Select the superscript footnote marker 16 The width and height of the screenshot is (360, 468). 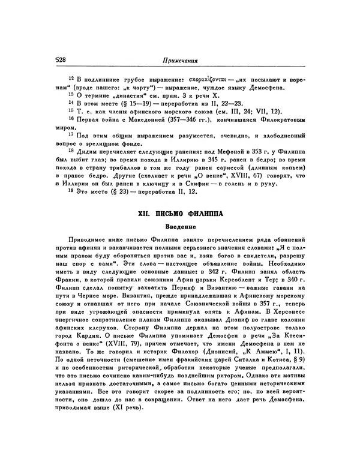point(70,119)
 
